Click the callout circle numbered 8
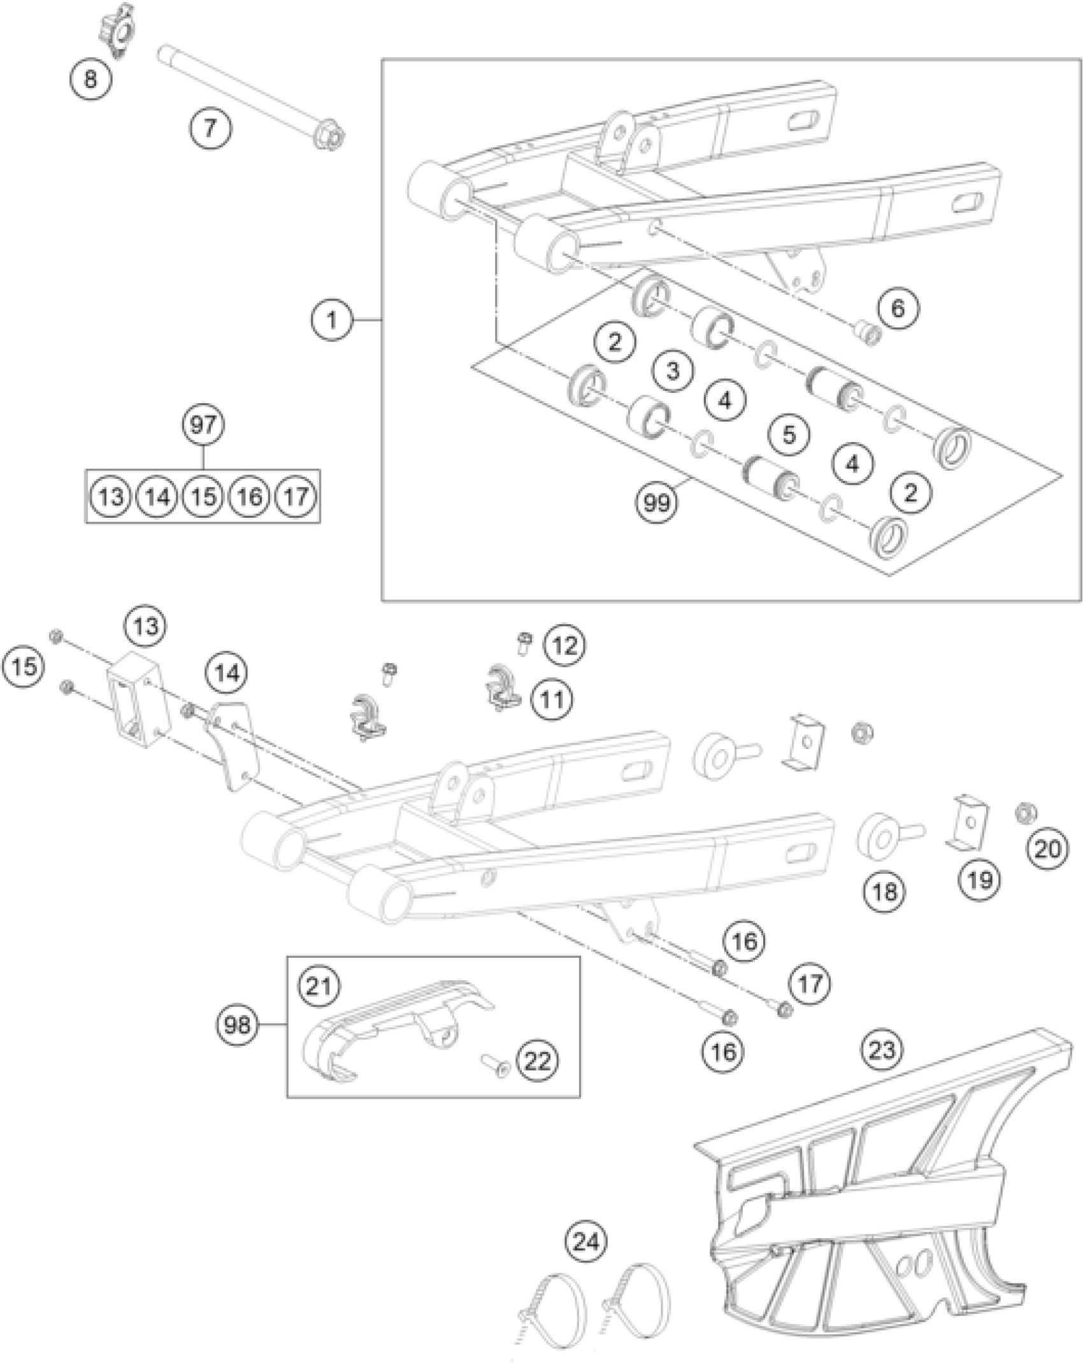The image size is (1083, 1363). (90, 80)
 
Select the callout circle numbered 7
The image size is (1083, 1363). (210, 128)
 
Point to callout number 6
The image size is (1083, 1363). (897, 308)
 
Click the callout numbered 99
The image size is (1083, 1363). (657, 503)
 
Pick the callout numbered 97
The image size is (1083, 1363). (203, 424)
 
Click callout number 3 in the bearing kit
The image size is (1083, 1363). (673, 371)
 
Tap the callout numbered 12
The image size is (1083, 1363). (564, 645)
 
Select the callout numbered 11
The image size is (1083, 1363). (552, 699)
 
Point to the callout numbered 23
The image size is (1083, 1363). (882, 1049)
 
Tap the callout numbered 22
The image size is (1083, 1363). (537, 1061)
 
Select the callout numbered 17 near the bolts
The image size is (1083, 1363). (810, 984)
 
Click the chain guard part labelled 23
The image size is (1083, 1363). (860, 1210)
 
